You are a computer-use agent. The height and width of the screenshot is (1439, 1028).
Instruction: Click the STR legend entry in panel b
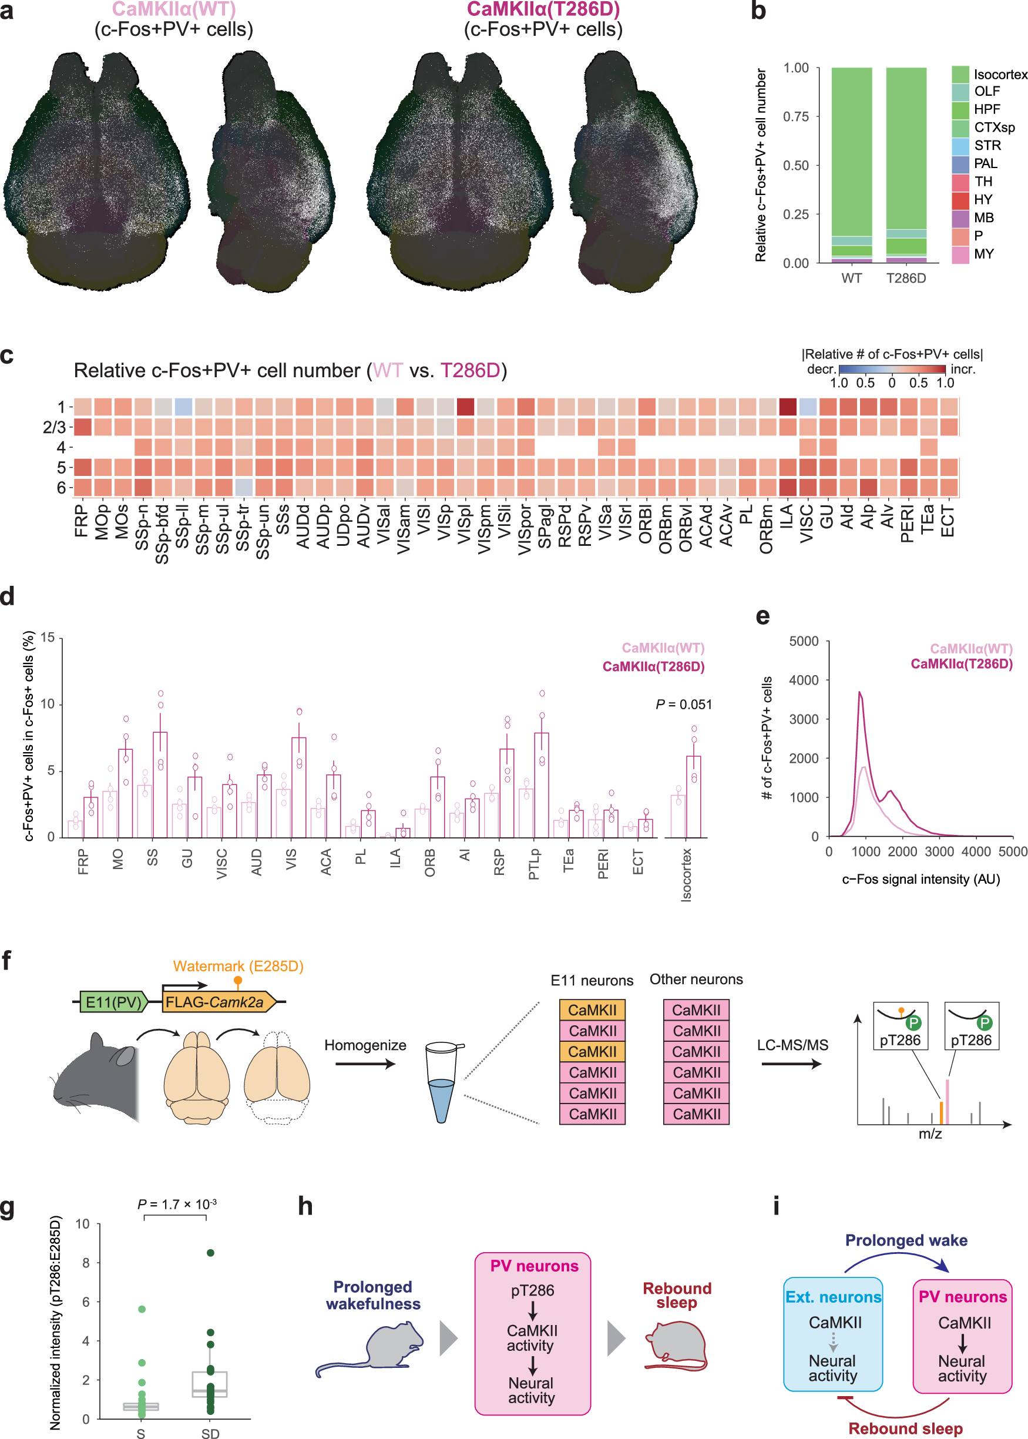click(x=987, y=146)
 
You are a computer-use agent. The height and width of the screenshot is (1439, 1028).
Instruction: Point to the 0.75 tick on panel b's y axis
click(x=796, y=116)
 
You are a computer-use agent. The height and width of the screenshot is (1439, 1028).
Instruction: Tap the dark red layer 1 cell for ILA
click(x=788, y=407)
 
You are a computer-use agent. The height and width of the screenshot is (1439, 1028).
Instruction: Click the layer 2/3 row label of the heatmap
click(x=55, y=427)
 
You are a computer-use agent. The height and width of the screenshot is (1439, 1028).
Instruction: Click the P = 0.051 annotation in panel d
click(x=683, y=704)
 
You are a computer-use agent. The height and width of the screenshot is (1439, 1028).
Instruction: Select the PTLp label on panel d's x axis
click(x=533, y=864)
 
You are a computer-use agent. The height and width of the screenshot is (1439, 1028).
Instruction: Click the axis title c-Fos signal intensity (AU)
click(x=921, y=880)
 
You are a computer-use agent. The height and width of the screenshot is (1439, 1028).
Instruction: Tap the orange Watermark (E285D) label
click(x=238, y=966)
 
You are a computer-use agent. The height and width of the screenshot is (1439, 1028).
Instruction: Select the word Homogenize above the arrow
click(x=365, y=1045)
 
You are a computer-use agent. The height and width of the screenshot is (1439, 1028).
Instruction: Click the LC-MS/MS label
click(x=792, y=1045)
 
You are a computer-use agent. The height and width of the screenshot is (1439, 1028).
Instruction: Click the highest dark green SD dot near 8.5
click(x=211, y=1253)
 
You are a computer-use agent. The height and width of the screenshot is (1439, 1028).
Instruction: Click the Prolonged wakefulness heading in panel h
click(x=373, y=1295)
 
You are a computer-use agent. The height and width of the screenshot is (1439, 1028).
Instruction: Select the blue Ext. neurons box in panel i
click(x=832, y=1334)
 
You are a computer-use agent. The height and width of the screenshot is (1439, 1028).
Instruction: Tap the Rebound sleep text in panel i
click(x=905, y=1429)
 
